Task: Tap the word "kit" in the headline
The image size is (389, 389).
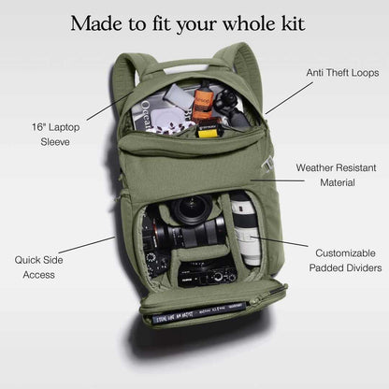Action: coord(294,23)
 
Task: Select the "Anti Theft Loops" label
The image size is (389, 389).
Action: coord(342,73)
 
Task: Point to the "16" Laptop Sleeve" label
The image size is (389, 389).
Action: coord(55,135)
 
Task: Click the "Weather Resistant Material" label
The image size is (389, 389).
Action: coord(337,175)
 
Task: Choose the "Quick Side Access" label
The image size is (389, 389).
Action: coord(38,267)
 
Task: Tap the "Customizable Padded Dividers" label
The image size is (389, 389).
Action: coord(345,261)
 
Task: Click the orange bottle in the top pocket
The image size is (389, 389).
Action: coord(203,103)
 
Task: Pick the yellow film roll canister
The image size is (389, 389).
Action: coord(208,131)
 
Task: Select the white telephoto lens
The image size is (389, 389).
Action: coord(246,229)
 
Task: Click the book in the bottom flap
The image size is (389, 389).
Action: coord(199,312)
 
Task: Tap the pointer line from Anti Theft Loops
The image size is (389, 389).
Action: coord(289,98)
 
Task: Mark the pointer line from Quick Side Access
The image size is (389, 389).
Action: coord(87,245)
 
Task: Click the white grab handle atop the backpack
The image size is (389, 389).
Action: coord(186,68)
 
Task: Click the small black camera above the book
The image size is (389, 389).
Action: coord(208,275)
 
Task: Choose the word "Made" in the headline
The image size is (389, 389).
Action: coord(96,23)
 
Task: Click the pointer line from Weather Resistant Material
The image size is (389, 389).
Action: coord(278,180)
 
